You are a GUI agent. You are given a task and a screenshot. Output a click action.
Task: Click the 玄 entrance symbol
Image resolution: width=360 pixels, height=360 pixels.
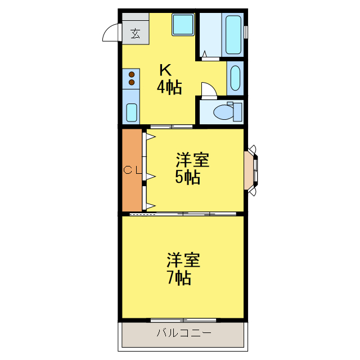[x=136, y=33]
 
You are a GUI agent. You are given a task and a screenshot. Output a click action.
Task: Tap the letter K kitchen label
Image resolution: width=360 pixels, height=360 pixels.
[x=165, y=70]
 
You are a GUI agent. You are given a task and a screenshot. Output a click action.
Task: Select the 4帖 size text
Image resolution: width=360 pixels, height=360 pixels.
[x=169, y=87]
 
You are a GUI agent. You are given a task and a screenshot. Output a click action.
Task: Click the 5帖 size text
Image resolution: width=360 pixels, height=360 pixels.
[x=188, y=178]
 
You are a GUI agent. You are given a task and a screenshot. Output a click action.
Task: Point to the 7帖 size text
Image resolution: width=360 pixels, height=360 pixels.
[x=178, y=278]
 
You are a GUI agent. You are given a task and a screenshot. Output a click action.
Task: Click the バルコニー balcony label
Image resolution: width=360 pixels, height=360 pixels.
[x=184, y=334]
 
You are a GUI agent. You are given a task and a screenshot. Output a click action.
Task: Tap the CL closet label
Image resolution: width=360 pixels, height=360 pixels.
[x=132, y=170]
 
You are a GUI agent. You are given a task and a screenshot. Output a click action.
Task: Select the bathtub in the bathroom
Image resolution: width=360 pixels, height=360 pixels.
[x=233, y=35]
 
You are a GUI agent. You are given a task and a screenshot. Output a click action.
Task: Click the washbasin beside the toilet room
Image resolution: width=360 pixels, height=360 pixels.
[x=235, y=79]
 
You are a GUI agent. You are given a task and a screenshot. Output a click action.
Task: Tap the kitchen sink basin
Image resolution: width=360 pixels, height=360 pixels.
[x=132, y=113]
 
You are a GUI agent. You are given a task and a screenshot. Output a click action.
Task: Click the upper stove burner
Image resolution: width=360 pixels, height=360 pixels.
[x=132, y=74]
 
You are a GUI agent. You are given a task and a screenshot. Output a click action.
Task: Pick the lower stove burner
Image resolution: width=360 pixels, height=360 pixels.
[x=132, y=82]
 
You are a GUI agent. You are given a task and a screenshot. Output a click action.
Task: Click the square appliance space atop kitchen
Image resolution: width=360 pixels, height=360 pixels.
[x=183, y=25]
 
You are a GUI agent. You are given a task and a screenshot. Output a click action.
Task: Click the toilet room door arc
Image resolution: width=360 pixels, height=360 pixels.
[x=207, y=89]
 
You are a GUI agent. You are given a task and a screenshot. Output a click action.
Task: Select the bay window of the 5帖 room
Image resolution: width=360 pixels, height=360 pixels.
[x=251, y=170]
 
